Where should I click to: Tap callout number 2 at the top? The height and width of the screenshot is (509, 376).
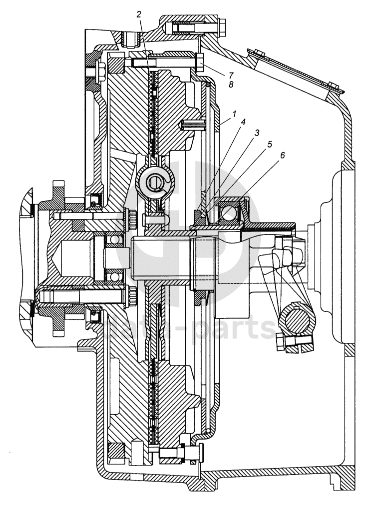tap(138, 13)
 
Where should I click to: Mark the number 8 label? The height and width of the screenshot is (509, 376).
tap(231, 85)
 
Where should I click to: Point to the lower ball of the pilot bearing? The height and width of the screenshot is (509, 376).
tap(115, 276)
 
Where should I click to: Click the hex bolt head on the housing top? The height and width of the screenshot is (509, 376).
tap(223, 24)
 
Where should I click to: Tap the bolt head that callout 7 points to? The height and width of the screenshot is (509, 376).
tap(199, 63)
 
